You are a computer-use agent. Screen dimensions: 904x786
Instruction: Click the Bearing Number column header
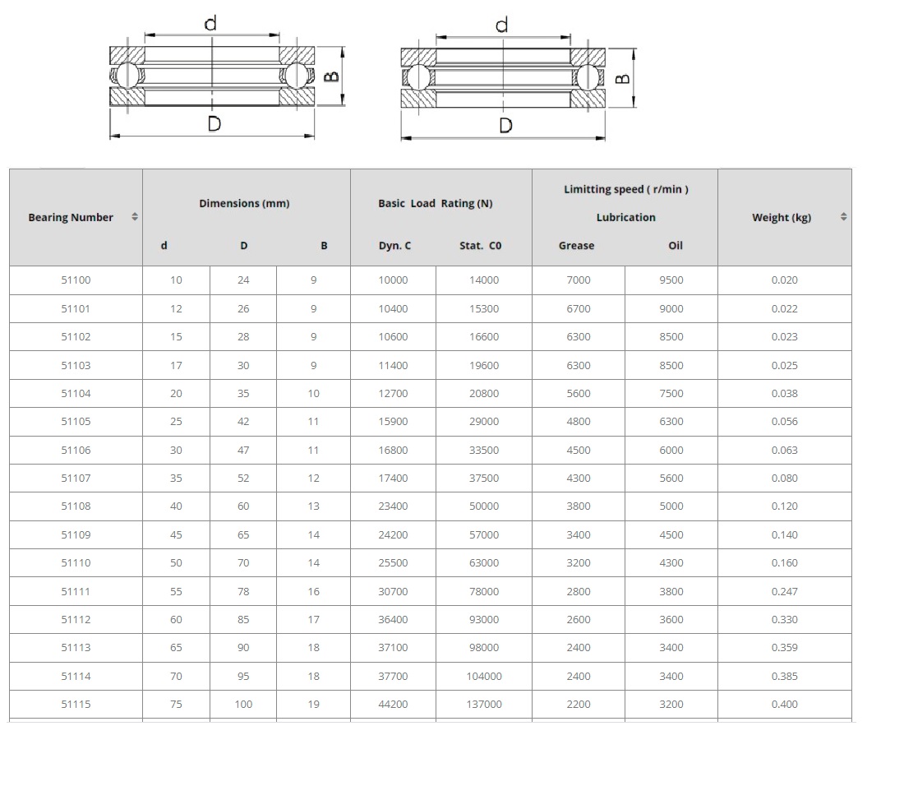coord(71,217)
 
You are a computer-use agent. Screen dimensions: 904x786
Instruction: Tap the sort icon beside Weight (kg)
coord(843,217)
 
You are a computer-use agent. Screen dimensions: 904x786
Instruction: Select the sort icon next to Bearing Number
coord(135,217)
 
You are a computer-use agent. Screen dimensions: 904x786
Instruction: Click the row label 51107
coord(76,478)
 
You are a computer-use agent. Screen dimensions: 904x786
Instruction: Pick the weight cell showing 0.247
coord(785,592)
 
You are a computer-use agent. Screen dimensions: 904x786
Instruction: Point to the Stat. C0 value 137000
coord(484,704)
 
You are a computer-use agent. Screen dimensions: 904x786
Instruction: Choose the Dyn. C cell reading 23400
coord(393,506)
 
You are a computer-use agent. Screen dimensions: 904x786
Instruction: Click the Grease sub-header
coord(577,246)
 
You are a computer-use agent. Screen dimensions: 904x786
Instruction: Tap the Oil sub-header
coord(676,246)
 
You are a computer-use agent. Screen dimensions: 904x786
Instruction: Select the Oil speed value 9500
coord(671,280)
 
